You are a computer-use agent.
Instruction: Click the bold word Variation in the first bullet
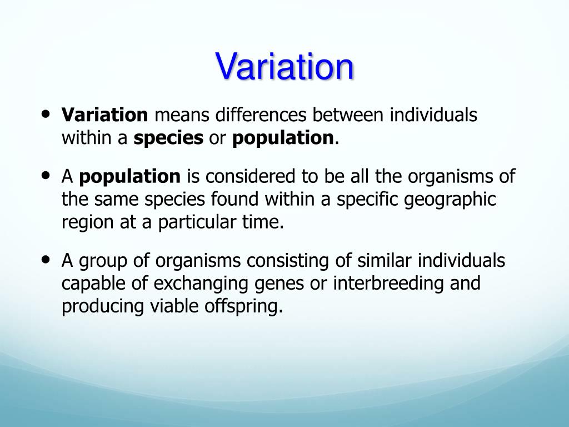pyautogui.click(x=104, y=116)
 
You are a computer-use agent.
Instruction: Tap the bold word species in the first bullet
pyautogui.click(x=168, y=138)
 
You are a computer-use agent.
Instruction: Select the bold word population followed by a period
pyautogui.click(x=283, y=138)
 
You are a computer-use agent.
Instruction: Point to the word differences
pyautogui.click(x=261, y=116)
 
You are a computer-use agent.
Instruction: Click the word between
pyautogui.click(x=347, y=116)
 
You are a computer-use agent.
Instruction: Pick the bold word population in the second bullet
pyautogui.click(x=129, y=177)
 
